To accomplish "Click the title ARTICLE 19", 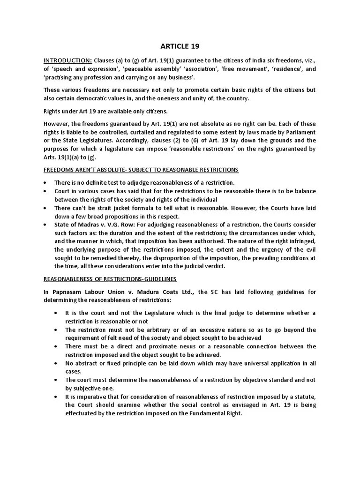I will click(180, 46).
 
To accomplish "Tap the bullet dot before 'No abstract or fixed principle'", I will click(57, 363).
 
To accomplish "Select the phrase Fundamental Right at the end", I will click(223, 413).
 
